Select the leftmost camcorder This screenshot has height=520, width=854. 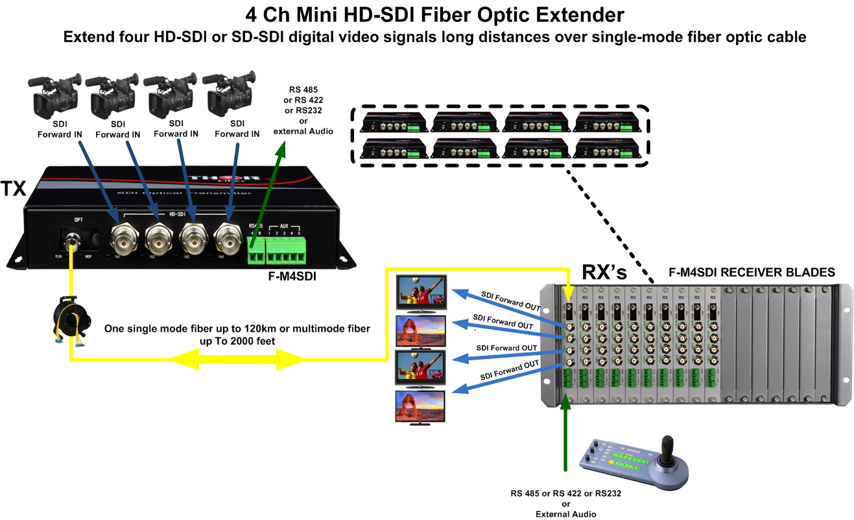pyautogui.click(x=54, y=95)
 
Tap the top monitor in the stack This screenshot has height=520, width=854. pyautogui.click(x=421, y=293)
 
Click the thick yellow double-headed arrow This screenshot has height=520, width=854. pyautogui.click(x=236, y=358)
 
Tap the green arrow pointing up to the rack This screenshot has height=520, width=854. pyautogui.click(x=567, y=435)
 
